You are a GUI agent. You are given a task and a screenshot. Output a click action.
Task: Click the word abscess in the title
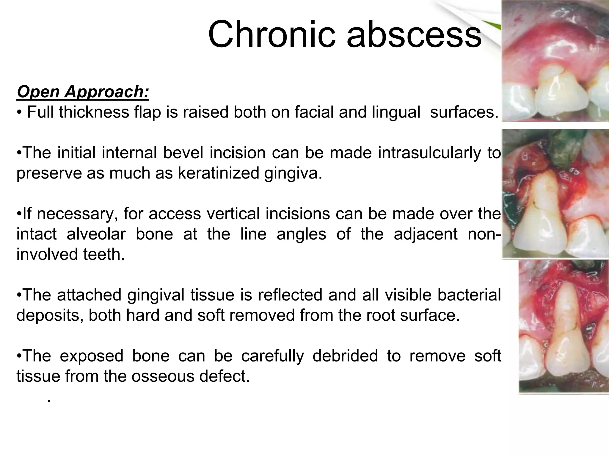[414, 35]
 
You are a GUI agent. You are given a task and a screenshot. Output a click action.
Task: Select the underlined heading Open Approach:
[83, 91]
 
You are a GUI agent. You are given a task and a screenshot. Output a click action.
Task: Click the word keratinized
[218, 173]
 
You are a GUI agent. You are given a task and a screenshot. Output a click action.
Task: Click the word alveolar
[96, 234]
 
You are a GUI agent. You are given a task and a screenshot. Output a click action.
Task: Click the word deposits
[49, 315]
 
